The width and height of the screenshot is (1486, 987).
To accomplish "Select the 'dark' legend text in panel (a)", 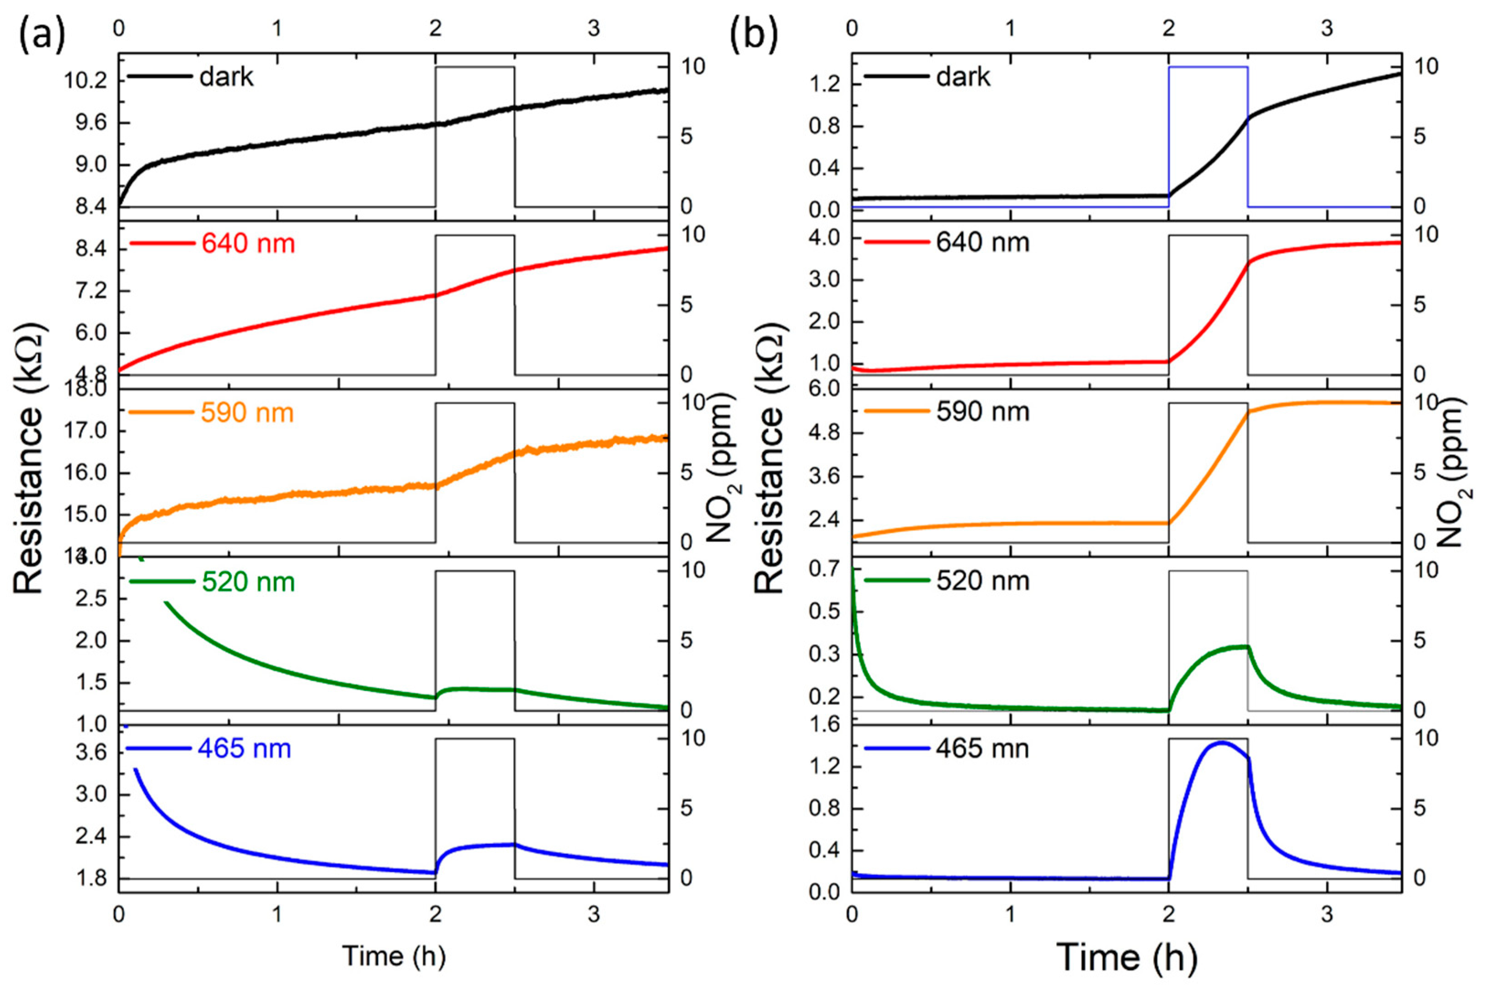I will [226, 77].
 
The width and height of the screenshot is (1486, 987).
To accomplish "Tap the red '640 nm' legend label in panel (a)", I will [248, 244].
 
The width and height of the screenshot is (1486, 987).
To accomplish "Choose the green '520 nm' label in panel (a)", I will [248, 582].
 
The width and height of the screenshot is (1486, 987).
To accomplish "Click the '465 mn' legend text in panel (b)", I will [982, 748].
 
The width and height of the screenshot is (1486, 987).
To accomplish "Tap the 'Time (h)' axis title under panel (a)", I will [394, 955].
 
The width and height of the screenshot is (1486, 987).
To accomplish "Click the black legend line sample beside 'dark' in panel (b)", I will [895, 77].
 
